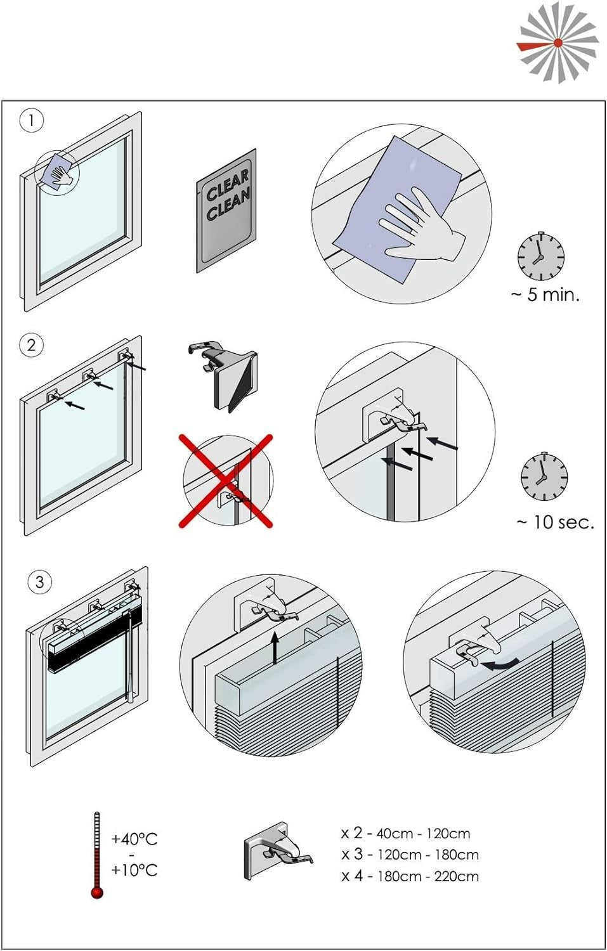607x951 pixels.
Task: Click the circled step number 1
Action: pos(31,120)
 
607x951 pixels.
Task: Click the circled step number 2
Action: pos(31,346)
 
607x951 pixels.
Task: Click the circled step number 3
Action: pos(39,582)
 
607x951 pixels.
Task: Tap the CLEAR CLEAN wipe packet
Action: pos(226,210)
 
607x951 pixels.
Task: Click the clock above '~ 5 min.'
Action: pos(540,256)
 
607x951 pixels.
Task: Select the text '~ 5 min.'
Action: pos(545,295)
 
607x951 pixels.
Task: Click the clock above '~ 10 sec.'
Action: pos(544,477)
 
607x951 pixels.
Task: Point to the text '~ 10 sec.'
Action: pos(555,522)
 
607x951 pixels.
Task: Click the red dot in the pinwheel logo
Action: pos(558,43)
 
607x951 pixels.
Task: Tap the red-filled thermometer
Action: pos(97,856)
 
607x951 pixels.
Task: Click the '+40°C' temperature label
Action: pos(134,839)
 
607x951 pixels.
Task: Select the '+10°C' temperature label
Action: pos(134,870)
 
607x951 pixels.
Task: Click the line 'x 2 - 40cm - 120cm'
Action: pos(406,833)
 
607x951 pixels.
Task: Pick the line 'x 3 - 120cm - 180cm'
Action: pos(410,855)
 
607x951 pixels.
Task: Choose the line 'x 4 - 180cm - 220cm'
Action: pos(410,876)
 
